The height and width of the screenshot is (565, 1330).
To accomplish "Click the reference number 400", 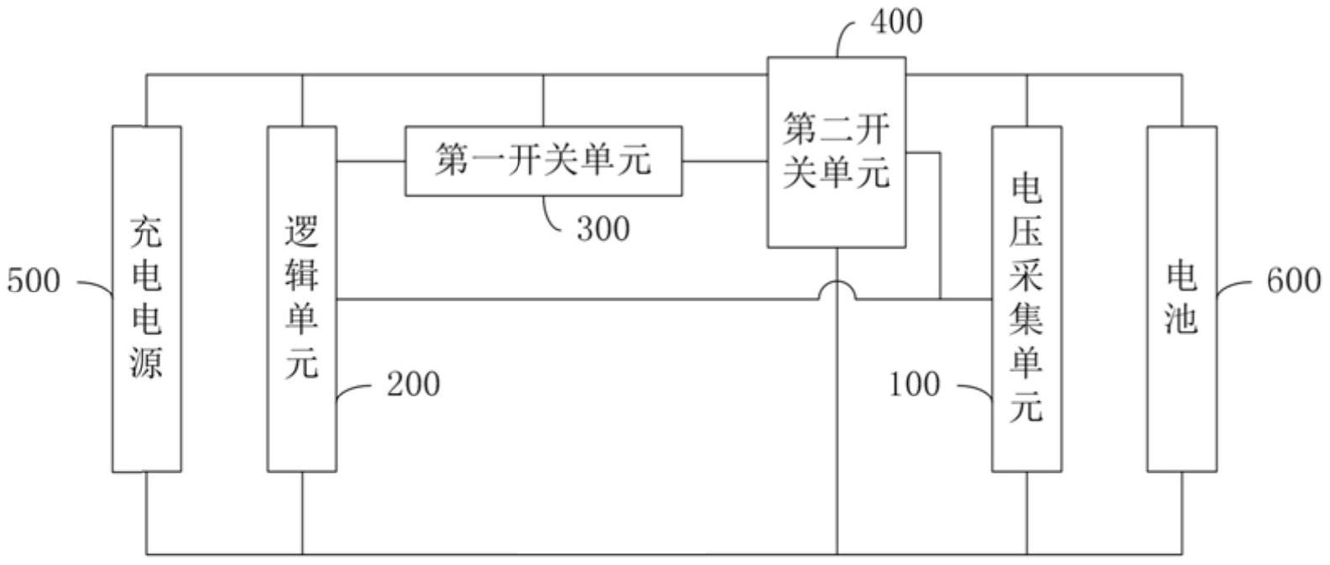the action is tap(896, 21).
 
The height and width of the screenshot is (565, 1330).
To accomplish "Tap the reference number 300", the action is tap(603, 228).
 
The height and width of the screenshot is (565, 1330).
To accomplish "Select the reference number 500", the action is tap(34, 280).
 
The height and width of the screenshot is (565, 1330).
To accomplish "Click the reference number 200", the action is tap(413, 385).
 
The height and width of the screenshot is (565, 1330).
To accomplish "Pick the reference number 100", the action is tap(915, 385).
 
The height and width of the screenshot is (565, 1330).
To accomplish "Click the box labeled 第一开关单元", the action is tap(543, 160).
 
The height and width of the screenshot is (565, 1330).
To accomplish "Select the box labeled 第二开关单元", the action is tap(837, 152).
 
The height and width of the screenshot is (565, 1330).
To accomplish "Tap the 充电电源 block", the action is tap(147, 299).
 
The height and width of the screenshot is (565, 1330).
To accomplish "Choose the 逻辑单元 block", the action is tap(301, 299).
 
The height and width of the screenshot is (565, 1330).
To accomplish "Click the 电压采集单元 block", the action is tap(1027, 299).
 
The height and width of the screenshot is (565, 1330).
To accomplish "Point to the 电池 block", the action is tap(1181, 299).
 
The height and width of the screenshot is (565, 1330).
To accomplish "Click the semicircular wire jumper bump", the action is tap(837, 290).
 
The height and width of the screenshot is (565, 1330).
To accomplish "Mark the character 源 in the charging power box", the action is tap(146, 361).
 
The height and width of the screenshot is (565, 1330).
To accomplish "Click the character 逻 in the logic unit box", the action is tap(301, 233).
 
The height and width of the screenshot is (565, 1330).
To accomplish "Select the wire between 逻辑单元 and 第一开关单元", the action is tap(371, 161).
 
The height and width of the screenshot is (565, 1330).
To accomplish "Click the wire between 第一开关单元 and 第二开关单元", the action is tap(725, 161).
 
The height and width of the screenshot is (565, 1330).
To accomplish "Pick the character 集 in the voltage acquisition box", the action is tap(1026, 318).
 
